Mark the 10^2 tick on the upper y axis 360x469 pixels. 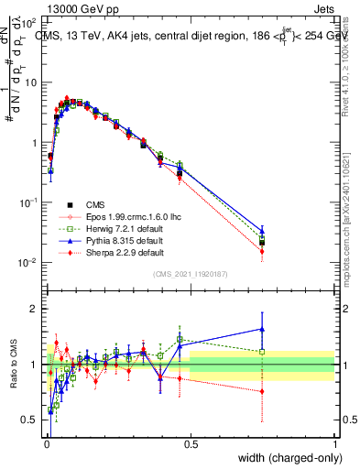coord(31,22)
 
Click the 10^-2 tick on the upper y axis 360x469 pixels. coord(31,263)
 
